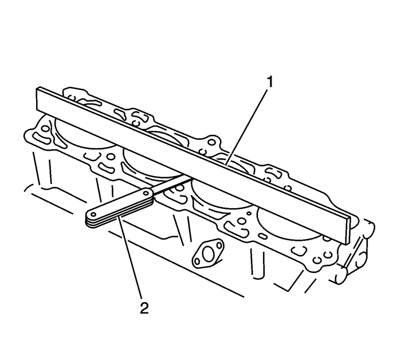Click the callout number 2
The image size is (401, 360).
144,308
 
